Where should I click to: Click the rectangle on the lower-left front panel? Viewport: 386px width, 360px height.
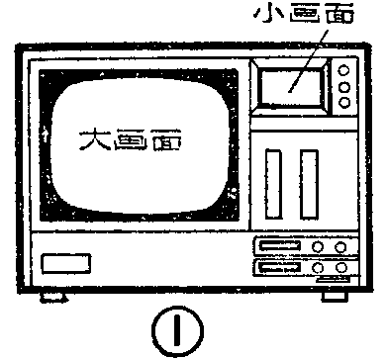coord(66,265)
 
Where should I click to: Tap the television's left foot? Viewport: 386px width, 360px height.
coord(52,295)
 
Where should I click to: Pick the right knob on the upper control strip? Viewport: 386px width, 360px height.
coord(340,248)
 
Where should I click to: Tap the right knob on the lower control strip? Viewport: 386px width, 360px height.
coord(340,267)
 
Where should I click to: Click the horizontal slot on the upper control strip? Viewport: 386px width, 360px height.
coord(276,248)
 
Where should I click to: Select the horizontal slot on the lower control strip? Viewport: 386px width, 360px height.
coord(276,267)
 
